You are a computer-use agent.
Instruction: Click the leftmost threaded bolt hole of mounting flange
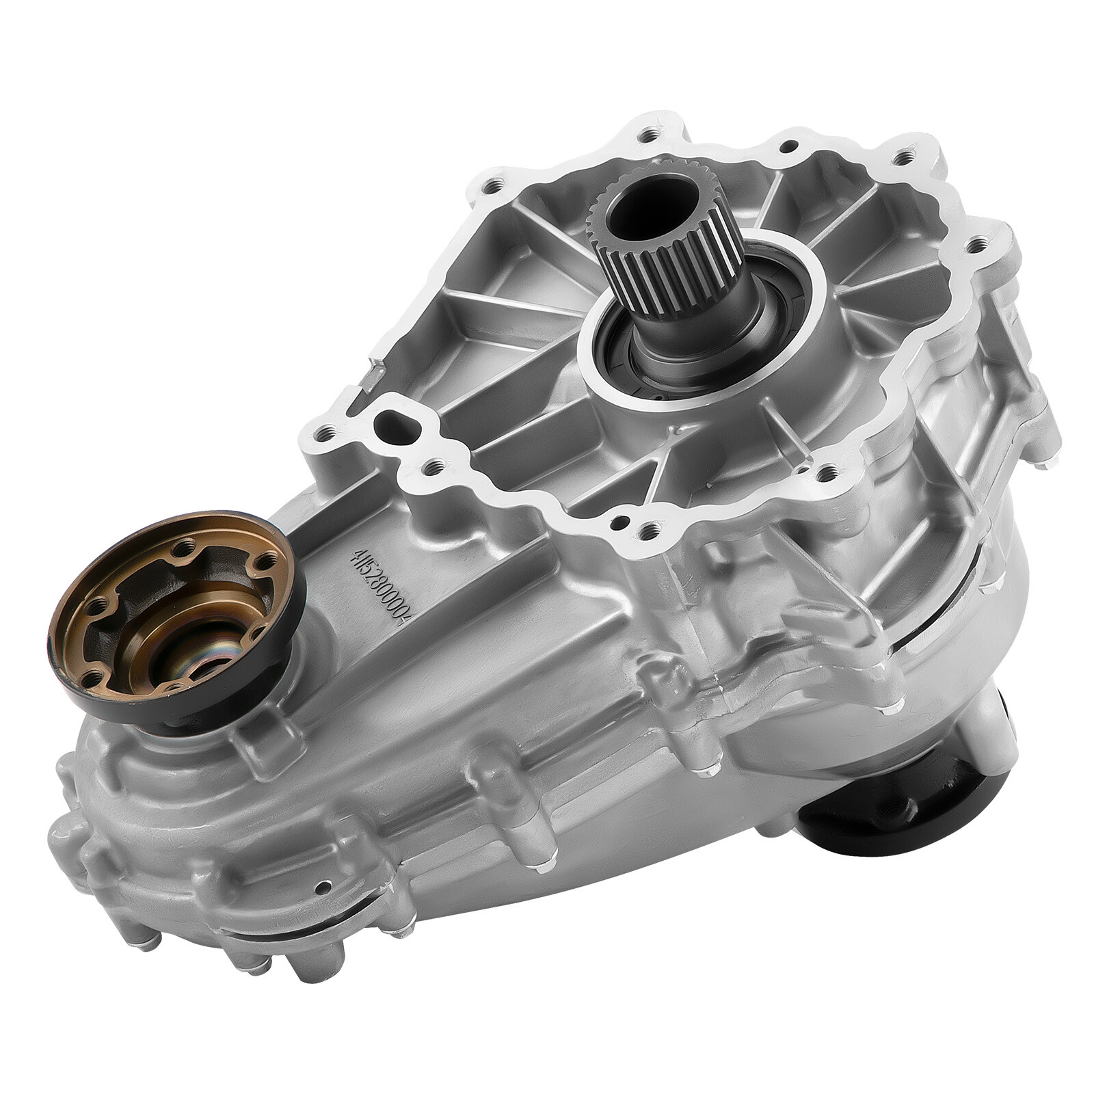[328, 431]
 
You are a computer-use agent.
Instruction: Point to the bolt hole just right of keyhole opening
[431, 469]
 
